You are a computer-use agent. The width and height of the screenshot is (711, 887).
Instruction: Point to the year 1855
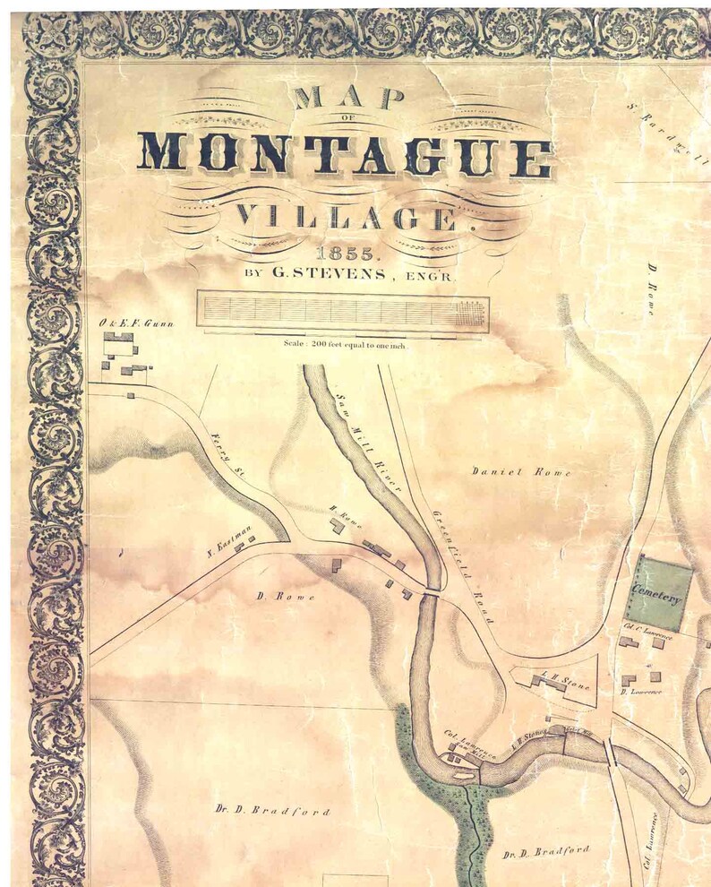343,254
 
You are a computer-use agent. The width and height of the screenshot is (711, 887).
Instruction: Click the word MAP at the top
344,96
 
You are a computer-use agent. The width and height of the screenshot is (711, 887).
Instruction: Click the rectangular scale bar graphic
343,313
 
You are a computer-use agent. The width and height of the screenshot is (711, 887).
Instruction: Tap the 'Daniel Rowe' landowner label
509,471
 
